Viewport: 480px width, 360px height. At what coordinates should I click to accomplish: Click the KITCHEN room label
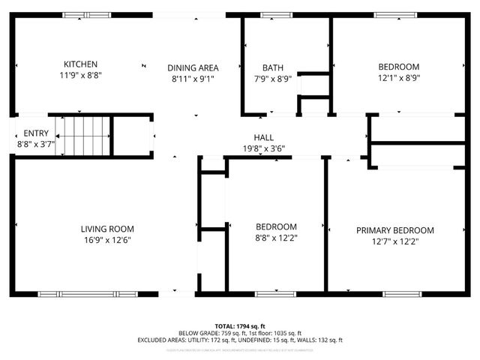(x=80, y=64)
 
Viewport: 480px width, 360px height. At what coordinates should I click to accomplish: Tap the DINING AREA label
(x=192, y=67)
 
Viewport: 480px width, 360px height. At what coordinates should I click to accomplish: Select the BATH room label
(x=272, y=67)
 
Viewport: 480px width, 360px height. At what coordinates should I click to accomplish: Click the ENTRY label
(x=36, y=133)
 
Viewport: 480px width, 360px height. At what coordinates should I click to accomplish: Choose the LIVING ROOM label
(x=107, y=229)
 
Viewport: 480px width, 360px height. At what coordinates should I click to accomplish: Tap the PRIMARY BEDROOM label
(x=394, y=230)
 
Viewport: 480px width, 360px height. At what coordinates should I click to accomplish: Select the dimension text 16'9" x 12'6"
(x=107, y=240)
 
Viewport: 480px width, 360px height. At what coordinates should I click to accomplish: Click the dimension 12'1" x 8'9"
(x=398, y=76)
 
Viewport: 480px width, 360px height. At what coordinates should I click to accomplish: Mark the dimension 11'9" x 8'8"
(x=80, y=76)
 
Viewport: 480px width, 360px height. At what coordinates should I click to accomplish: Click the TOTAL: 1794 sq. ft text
(x=239, y=326)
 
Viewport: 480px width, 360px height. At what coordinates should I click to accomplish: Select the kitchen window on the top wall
(x=84, y=15)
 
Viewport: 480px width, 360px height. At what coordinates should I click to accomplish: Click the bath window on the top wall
(x=272, y=15)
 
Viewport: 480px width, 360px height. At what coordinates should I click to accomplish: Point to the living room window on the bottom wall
(x=77, y=293)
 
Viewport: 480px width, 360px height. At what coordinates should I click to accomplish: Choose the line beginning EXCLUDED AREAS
(x=239, y=340)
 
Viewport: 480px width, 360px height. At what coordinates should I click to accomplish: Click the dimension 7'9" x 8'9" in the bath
(x=272, y=76)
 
